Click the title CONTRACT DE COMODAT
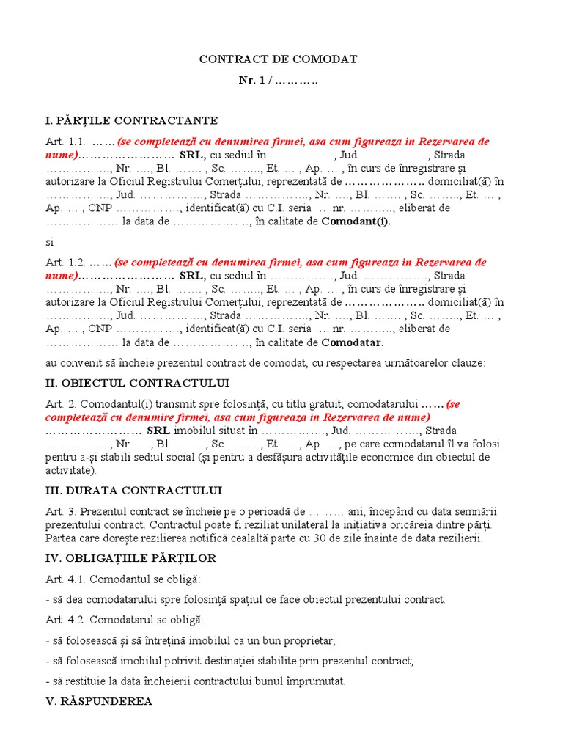point(278,59)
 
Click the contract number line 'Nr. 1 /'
point(278,80)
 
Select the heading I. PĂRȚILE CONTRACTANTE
point(131,120)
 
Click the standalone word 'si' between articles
point(49,241)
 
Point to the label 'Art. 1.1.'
point(65,142)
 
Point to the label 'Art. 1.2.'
point(65,263)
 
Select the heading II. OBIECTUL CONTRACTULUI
point(137,383)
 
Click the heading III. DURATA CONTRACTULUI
point(134,490)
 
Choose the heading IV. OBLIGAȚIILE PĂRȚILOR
point(130,558)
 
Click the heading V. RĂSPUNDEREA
point(99,701)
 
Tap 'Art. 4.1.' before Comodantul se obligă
point(65,579)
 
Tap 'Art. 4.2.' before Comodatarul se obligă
point(65,620)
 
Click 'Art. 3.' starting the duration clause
point(60,511)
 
